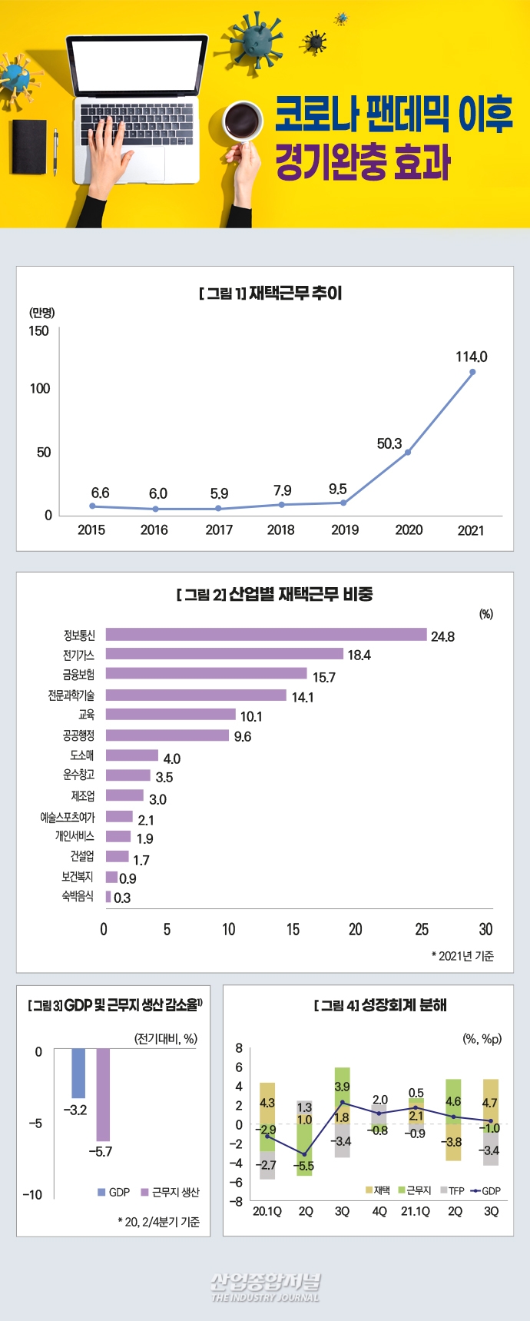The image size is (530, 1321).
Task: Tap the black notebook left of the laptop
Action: pos(29,145)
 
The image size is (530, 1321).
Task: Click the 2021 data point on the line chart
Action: pos(472,372)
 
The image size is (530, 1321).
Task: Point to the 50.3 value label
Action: pos(389,443)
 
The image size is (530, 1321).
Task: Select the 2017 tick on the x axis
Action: pos(219,529)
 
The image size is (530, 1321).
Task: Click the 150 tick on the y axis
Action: pos(38,331)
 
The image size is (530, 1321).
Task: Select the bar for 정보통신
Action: pos(266,635)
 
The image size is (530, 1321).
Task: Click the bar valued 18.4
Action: pos(224,654)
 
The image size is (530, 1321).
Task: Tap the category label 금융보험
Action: pos(78,675)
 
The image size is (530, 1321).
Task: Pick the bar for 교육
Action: pos(171,715)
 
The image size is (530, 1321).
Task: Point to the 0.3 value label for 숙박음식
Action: pos(122,898)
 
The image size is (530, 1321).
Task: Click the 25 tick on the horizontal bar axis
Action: pos(422,930)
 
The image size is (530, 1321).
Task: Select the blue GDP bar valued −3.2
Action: pos(78,1073)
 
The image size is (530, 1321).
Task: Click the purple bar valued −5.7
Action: pos(103,1094)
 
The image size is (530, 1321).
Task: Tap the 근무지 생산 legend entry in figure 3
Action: pos(171,1192)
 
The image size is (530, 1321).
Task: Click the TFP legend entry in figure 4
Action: pos(452,1190)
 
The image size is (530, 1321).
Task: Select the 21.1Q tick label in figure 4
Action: pos(416,1211)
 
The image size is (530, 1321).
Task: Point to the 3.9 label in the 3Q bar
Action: pos(342,1087)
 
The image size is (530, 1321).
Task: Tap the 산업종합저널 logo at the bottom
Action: pos(265,1287)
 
